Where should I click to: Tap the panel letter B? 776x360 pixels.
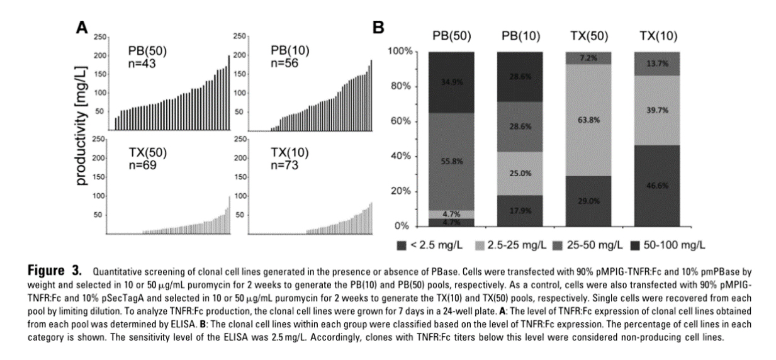pyautogui.click(x=378, y=28)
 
